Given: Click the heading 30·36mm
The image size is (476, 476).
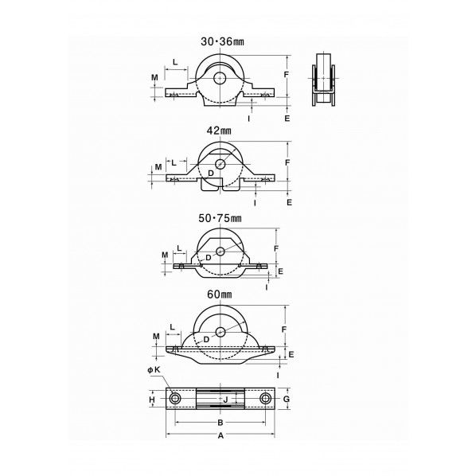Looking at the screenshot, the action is coord(222,41).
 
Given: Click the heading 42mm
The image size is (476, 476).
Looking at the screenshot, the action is coord(219,131).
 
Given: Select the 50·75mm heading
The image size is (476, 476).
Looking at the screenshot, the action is coord(220,218).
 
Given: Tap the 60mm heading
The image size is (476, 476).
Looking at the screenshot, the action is coord(220,295).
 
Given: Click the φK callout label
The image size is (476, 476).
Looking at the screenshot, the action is coord(154,370).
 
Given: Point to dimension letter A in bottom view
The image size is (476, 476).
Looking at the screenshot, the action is coord(220,435).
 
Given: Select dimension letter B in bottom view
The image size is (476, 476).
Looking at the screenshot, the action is coord(220,422).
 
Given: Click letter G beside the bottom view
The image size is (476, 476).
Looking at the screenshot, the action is coord(287,399).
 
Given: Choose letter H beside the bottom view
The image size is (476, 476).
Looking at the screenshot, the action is coord(152,400).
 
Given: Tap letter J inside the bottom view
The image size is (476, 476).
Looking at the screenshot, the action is coord(225,400).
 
